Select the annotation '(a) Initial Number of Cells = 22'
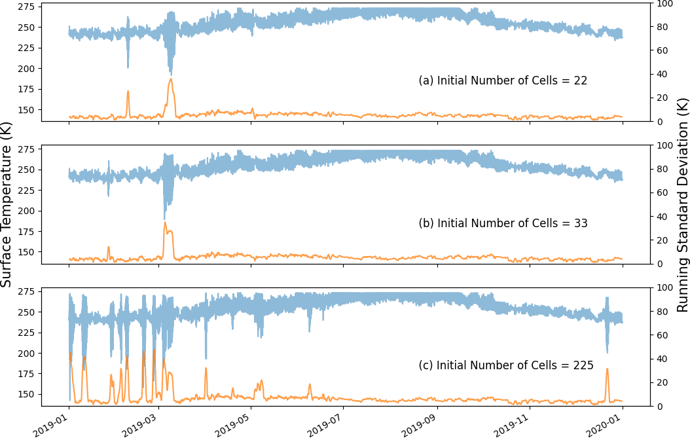pyautogui.click(x=503, y=81)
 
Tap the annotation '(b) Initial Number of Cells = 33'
pyautogui.click(x=503, y=223)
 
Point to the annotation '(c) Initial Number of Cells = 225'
pyautogui.click(x=505, y=365)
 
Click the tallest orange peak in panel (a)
pyautogui.click(x=171, y=79)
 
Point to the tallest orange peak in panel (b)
pyautogui.click(x=165, y=223)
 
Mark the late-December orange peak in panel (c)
pyautogui.click(x=607, y=369)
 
